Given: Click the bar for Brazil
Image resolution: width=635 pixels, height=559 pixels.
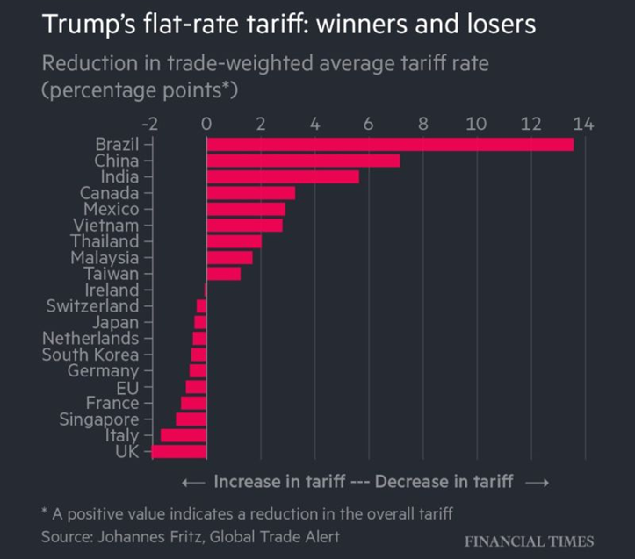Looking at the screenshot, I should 389,144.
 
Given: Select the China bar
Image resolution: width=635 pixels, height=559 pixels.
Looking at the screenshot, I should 303,161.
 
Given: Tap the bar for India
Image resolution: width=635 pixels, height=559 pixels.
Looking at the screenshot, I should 283,176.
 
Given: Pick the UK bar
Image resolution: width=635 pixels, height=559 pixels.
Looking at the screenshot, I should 179,451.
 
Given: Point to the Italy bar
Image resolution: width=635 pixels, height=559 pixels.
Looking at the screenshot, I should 183,435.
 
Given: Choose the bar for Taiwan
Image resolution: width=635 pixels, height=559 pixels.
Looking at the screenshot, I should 223,274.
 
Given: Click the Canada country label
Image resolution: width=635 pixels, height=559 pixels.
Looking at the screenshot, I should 109,193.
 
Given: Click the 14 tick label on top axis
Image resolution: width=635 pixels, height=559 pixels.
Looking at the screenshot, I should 584,125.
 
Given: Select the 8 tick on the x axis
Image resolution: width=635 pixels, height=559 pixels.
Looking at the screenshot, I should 422,125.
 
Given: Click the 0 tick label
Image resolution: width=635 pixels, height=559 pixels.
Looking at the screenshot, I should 206,125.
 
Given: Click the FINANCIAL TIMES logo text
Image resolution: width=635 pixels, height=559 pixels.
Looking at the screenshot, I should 529,541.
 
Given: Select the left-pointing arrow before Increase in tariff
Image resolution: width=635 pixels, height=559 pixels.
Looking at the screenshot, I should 193,482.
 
